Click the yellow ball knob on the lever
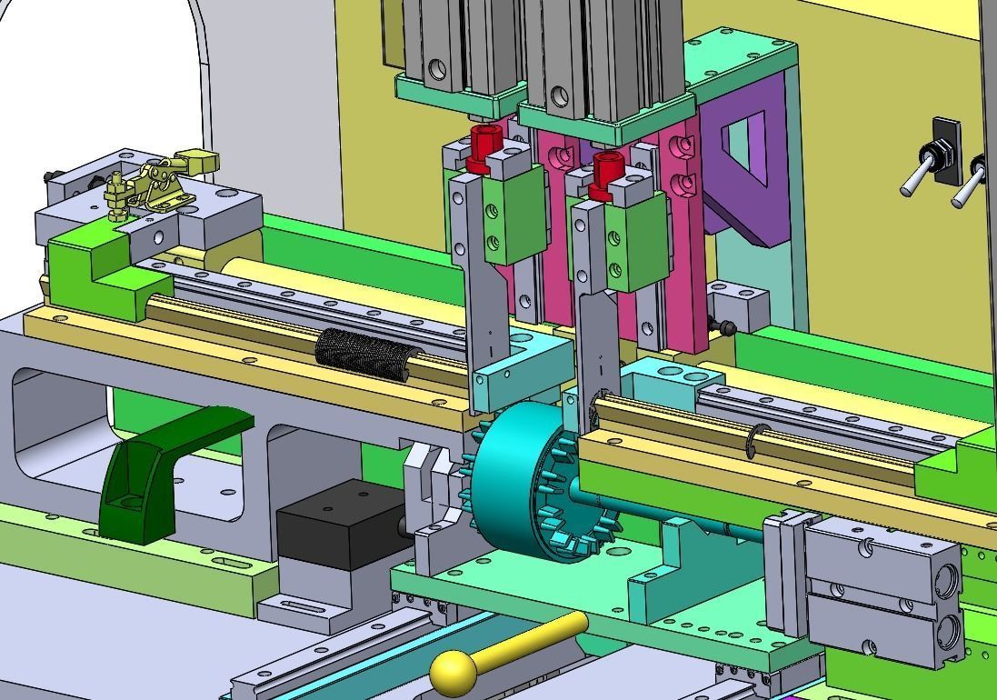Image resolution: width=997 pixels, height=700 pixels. tap(454, 673)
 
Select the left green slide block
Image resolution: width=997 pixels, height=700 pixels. tap(513, 218)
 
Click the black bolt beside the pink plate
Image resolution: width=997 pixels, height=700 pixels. tap(723, 325)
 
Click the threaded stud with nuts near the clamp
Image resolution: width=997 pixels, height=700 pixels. tap(115, 199)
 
